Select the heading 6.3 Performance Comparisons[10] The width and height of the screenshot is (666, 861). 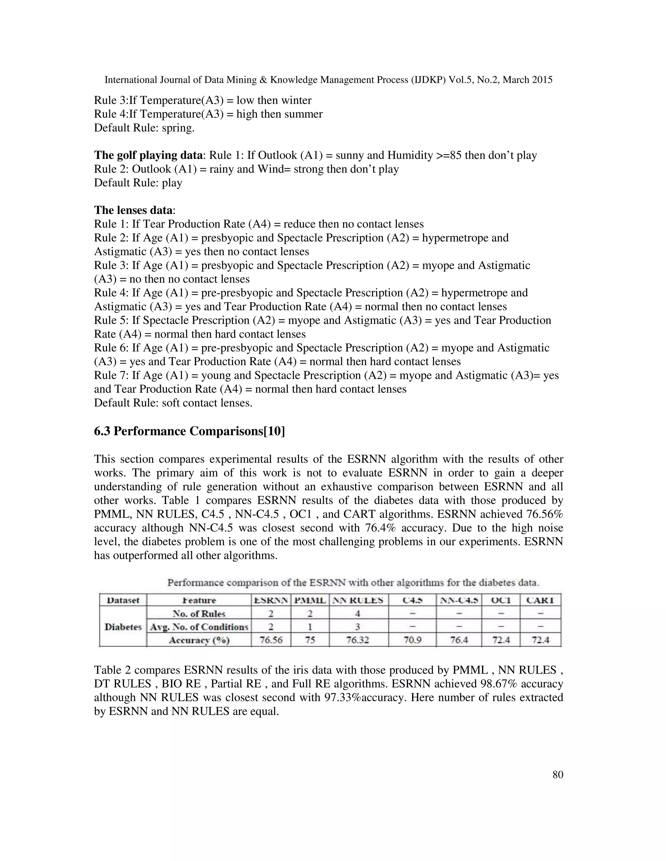tap(189, 431)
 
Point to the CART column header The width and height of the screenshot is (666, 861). tap(540, 600)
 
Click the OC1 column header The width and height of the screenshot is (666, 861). tap(501, 600)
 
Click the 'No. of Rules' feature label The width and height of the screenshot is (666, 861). tap(199, 614)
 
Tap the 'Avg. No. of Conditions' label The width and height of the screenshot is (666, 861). tap(199, 627)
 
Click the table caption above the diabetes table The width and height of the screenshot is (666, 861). tap(353, 583)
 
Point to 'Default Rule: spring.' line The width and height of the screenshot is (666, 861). tap(144, 128)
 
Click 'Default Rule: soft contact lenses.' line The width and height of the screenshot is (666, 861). tap(173, 403)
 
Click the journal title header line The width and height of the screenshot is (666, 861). tap(328, 80)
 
